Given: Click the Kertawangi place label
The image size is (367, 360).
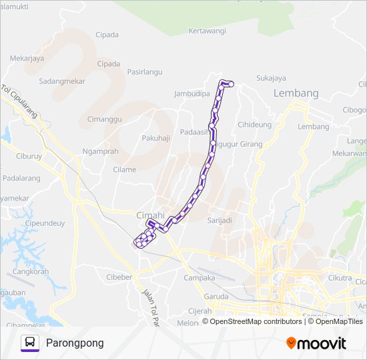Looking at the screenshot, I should pyautogui.click(x=207, y=31).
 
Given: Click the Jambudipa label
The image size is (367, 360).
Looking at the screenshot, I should pyautogui.click(x=192, y=94).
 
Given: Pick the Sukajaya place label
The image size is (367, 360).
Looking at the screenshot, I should pyautogui.click(x=271, y=78).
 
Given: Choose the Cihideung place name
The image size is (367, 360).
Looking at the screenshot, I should pyautogui.click(x=255, y=125).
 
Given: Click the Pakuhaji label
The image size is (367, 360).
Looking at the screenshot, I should pyautogui.click(x=156, y=138).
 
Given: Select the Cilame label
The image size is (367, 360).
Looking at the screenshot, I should pyautogui.click(x=124, y=169).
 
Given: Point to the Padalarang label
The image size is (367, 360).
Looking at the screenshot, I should pyautogui.click(x=21, y=179).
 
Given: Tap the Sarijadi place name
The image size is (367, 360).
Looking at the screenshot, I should pyautogui.click(x=220, y=220).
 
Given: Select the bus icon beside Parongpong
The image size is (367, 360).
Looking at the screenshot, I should pyautogui.click(x=30, y=343).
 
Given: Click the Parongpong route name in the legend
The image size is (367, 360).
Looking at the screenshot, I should pyautogui.click(x=75, y=343).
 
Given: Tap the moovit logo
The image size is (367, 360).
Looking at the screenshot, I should pyautogui.click(x=316, y=343).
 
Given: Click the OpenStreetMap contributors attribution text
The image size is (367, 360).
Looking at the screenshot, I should pyautogui.click(x=256, y=321).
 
